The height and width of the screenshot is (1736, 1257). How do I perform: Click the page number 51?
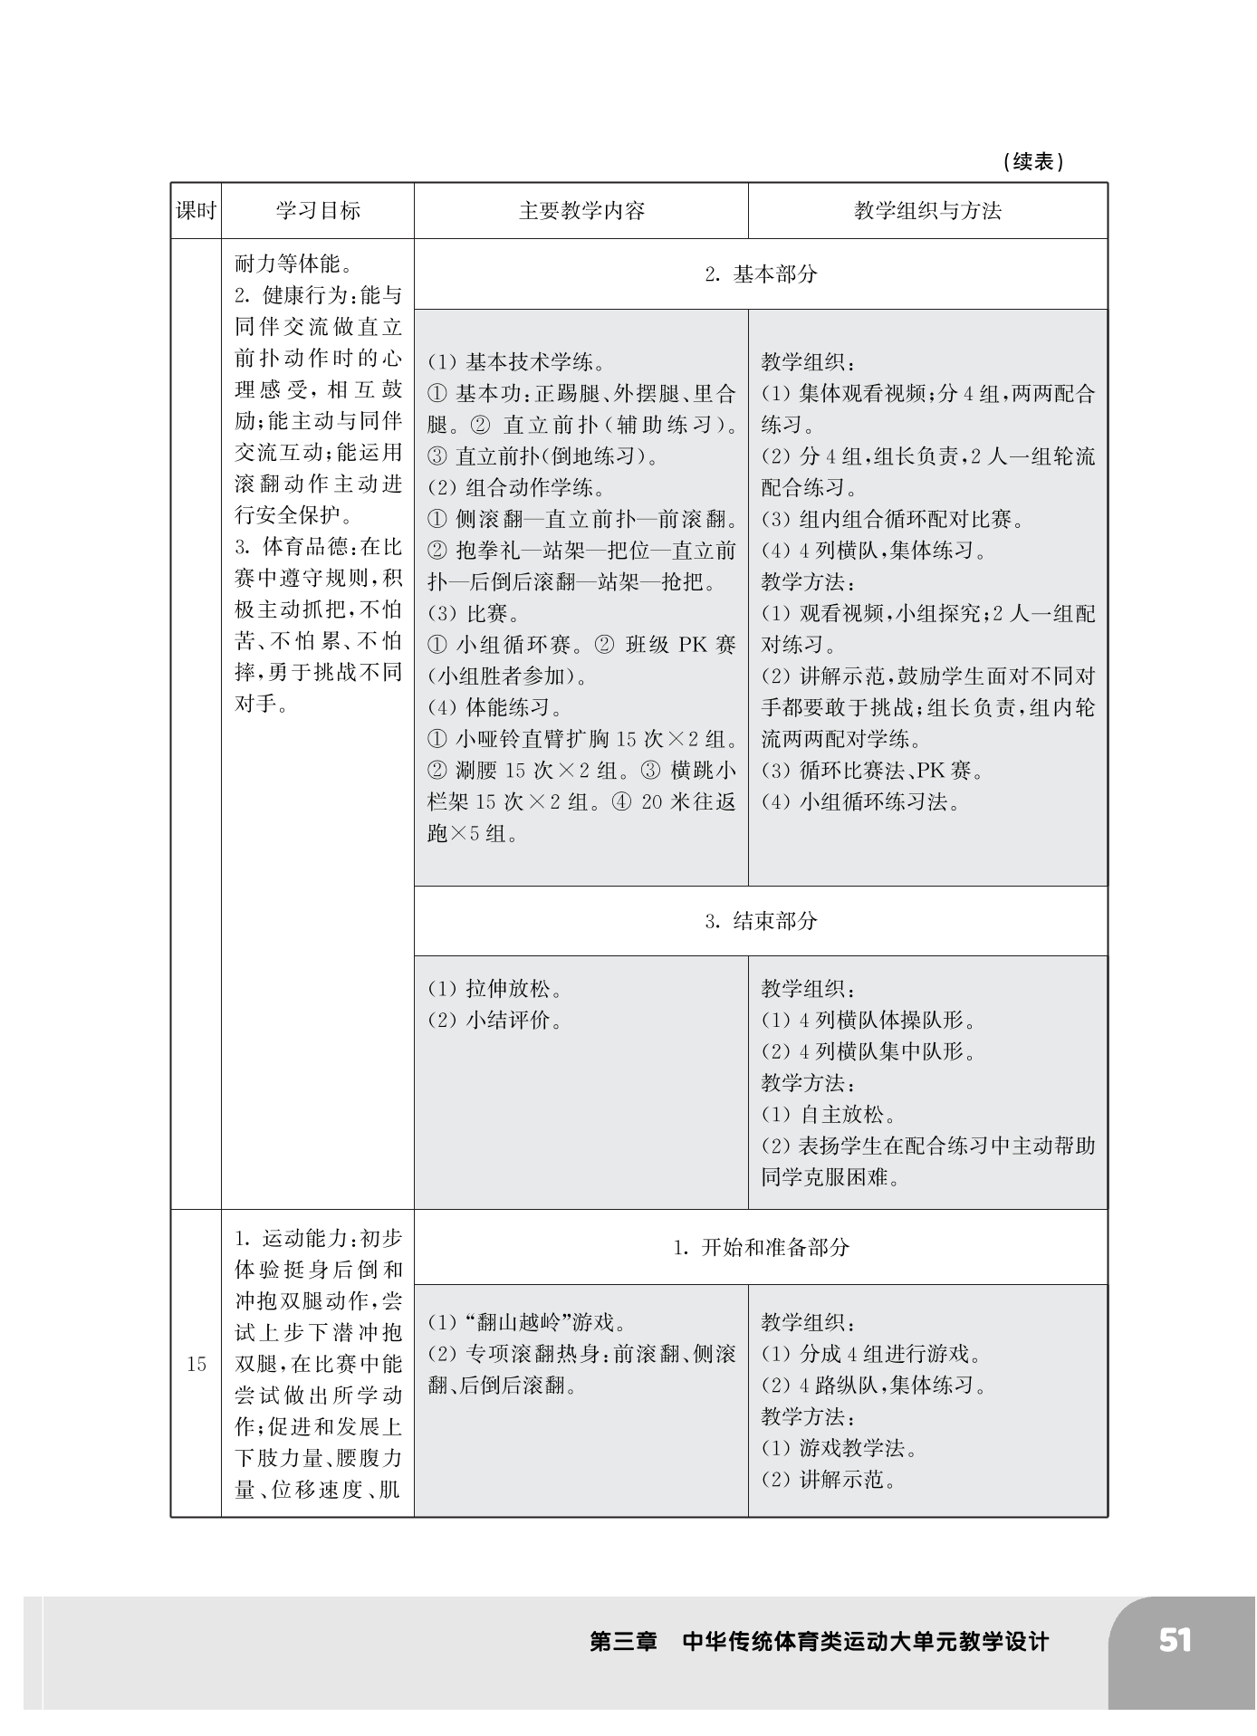click(1175, 1640)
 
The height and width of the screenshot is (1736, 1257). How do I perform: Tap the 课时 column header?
click(196, 211)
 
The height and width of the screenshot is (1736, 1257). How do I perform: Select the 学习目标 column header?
click(318, 211)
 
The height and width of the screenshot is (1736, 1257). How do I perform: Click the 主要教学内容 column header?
click(581, 211)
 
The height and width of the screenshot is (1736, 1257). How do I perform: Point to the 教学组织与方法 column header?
click(927, 211)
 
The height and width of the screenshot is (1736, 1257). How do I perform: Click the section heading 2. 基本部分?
click(761, 274)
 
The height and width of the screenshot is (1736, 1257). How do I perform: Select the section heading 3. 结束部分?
click(761, 921)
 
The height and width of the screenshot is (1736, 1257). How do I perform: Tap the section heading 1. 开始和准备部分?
click(761, 1247)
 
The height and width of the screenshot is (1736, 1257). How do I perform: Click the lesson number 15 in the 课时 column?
click(197, 1364)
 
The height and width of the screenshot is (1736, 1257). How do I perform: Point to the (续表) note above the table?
click(1033, 162)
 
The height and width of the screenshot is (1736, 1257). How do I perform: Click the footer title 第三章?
click(623, 1641)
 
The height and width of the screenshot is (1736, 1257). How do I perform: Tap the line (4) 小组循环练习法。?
click(861, 801)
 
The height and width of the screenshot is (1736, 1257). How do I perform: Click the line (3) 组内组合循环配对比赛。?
click(893, 520)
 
